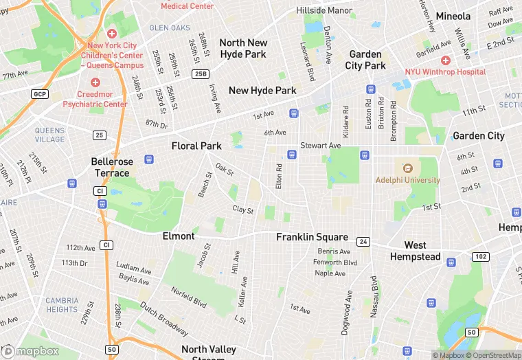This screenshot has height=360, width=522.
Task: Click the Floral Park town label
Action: (196, 146)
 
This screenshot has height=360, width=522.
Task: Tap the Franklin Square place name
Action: (312, 237)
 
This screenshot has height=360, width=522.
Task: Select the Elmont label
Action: (179, 236)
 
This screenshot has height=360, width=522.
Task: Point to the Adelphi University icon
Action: (407, 168)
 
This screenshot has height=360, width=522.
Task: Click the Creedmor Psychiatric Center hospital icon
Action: (95, 82)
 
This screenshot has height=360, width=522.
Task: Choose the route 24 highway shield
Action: (363, 241)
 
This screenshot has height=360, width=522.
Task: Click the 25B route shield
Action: (201, 74)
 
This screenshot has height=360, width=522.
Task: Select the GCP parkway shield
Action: (40, 93)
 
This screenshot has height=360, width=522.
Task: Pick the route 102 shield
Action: (479, 256)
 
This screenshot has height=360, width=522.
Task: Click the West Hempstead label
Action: (415, 251)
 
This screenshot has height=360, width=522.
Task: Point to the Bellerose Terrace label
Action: (110, 167)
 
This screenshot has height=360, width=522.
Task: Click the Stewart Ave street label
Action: (320, 146)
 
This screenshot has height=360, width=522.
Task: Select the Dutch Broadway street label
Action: (163, 314)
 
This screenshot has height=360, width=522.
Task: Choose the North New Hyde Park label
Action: (242, 48)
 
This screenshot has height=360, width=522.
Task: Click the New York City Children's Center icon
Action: (112, 34)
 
